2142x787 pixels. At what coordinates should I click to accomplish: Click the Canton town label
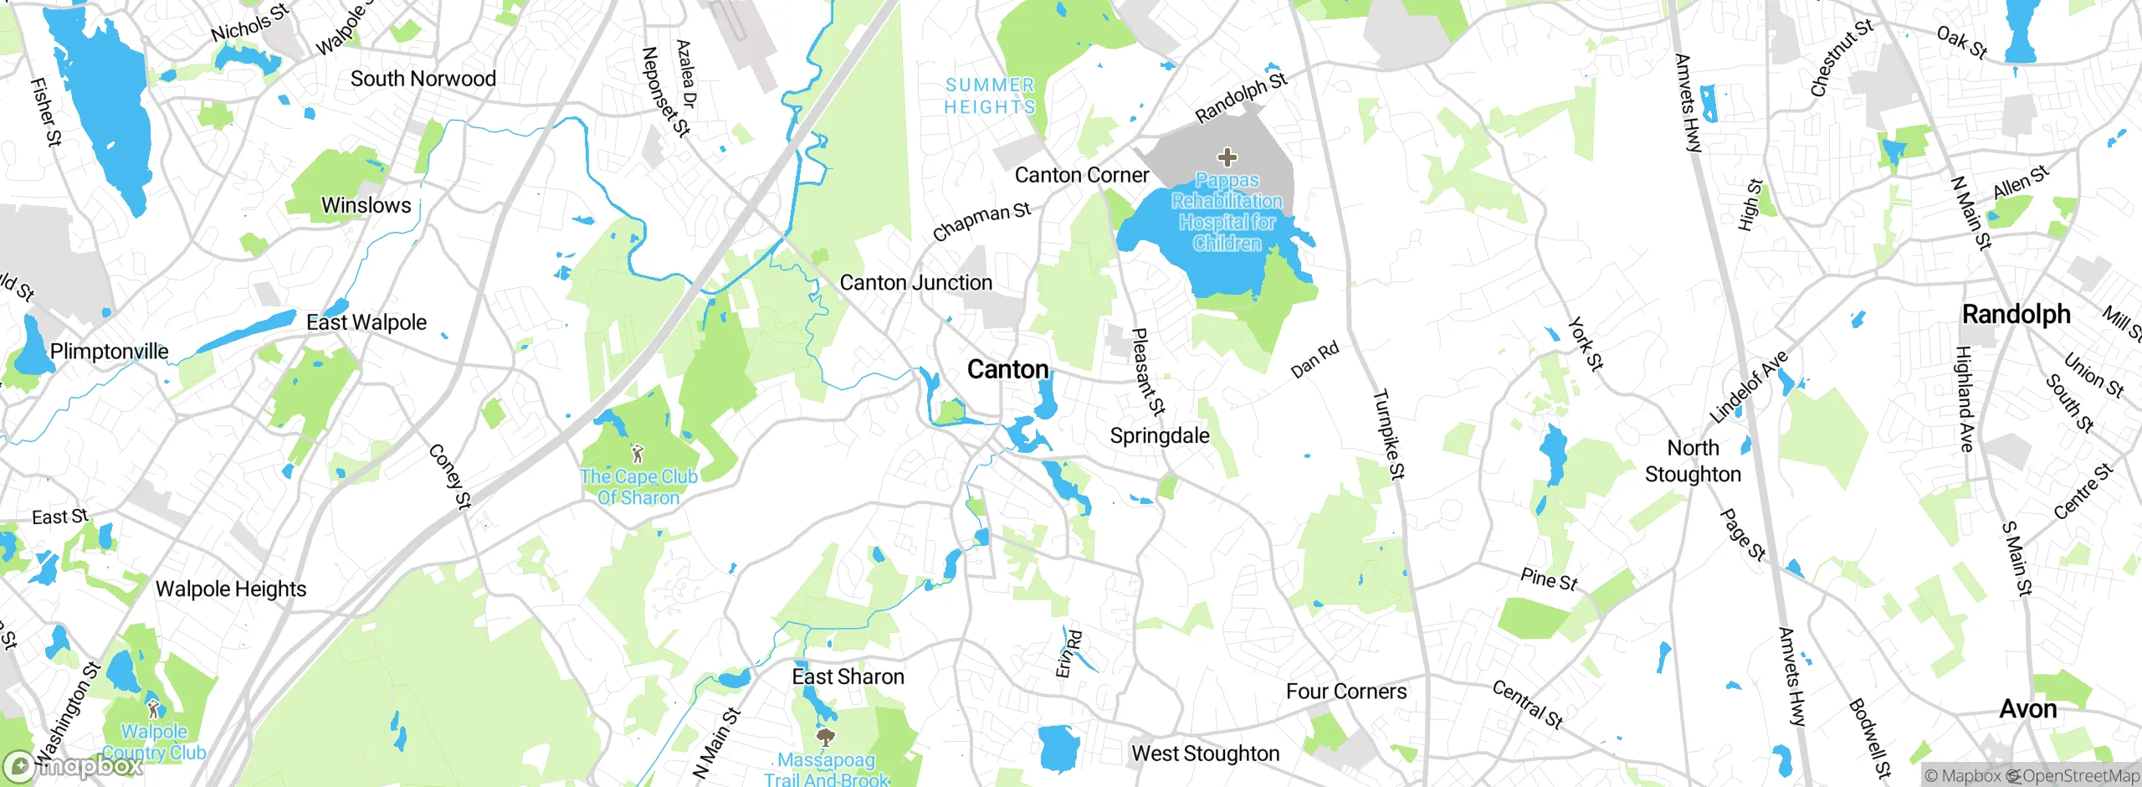(x=1007, y=369)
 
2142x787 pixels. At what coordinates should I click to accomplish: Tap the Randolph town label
(x=2016, y=315)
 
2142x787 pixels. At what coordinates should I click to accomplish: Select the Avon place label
(x=2027, y=709)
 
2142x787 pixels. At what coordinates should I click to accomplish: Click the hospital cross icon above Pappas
(x=1227, y=157)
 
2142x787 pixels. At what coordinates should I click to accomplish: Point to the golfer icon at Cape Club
(x=638, y=455)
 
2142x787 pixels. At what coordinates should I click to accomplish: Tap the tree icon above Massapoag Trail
(x=826, y=738)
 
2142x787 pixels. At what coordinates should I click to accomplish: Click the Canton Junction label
(x=915, y=283)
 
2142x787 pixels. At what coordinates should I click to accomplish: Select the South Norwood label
(x=423, y=79)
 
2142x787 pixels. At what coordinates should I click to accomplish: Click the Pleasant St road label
(x=1147, y=372)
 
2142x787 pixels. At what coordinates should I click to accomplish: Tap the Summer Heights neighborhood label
(x=990, y=96)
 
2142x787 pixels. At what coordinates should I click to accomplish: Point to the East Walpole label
(x=366, y=322)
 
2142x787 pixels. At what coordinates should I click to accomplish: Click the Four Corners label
(x=1345, y=692)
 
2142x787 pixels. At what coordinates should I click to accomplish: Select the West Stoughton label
(x=1205, y=754)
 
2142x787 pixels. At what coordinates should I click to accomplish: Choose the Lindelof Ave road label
(x=1748, y=387)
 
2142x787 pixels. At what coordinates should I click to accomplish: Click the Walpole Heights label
(x=231, y=589)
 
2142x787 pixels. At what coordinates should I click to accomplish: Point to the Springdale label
(x=1159, y=435)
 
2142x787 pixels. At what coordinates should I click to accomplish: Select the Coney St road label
(x=450, y=476)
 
